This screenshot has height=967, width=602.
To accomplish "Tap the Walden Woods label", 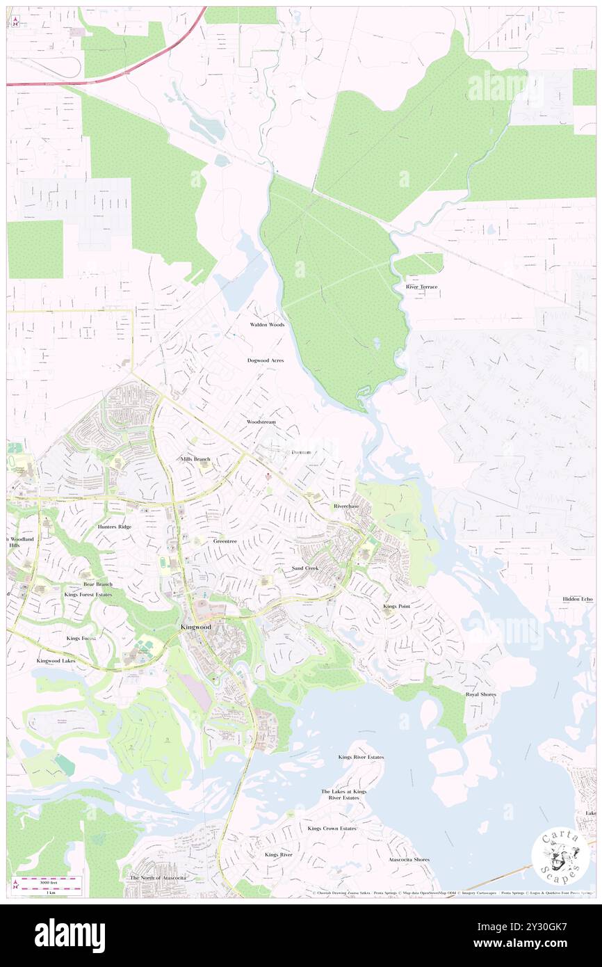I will coord(268,325).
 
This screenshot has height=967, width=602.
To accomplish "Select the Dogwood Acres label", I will coord(266,360).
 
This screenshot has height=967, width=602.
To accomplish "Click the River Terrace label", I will coord(422,287).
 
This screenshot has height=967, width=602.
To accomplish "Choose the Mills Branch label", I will coord(195,459).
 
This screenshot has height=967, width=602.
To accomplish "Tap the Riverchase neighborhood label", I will coord(346,506).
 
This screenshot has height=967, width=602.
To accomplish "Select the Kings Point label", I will coord(396,607).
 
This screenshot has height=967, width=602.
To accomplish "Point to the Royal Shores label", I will coord(481,694).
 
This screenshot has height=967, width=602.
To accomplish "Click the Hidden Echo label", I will coord(578,599).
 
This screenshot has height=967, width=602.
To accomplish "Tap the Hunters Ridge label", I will coord(115,527).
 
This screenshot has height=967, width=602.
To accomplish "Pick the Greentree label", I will coord(225,541).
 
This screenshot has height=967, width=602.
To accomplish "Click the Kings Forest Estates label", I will coord(88,595).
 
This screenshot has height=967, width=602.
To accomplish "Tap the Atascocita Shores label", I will coord(409,859).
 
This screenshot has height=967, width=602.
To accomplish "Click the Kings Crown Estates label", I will coord(332,829).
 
